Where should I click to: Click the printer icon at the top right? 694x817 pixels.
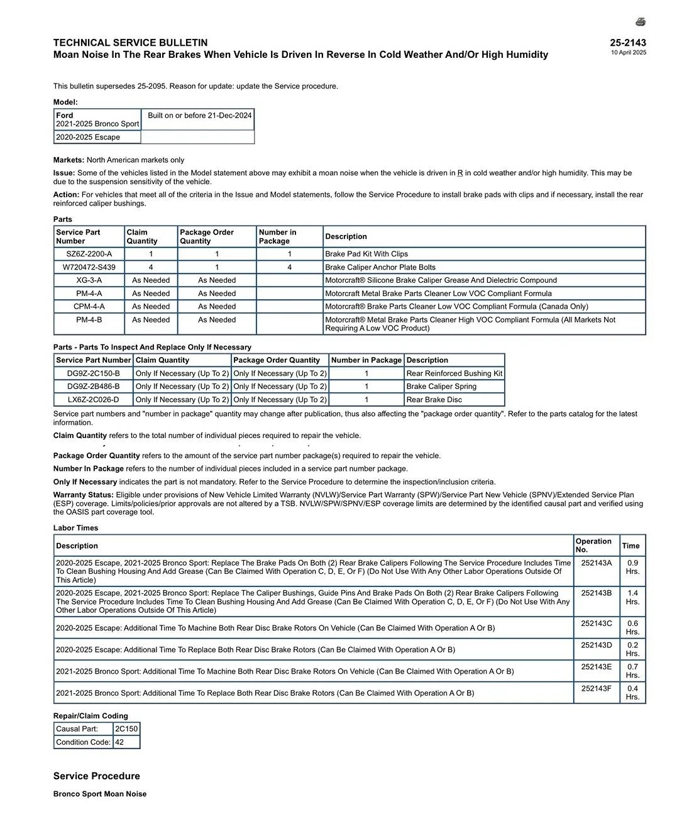640,22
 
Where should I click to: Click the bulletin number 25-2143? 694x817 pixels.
627,43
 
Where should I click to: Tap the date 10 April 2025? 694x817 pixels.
628,53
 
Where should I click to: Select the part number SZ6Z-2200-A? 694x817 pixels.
89,254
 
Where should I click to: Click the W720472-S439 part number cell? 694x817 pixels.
89,267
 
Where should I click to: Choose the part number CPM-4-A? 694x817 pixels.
89,307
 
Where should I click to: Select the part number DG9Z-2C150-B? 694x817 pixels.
93,373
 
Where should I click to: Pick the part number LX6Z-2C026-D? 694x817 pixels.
93,400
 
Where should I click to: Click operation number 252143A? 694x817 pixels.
596,563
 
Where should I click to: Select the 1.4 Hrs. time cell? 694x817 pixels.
632,597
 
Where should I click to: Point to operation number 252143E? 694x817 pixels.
596,667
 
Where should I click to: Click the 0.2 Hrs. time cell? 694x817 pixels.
632,649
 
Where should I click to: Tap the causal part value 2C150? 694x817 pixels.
126,729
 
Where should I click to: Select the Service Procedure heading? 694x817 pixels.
97,776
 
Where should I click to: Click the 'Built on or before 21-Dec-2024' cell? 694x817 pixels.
199,116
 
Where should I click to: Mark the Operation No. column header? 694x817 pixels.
593,545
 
